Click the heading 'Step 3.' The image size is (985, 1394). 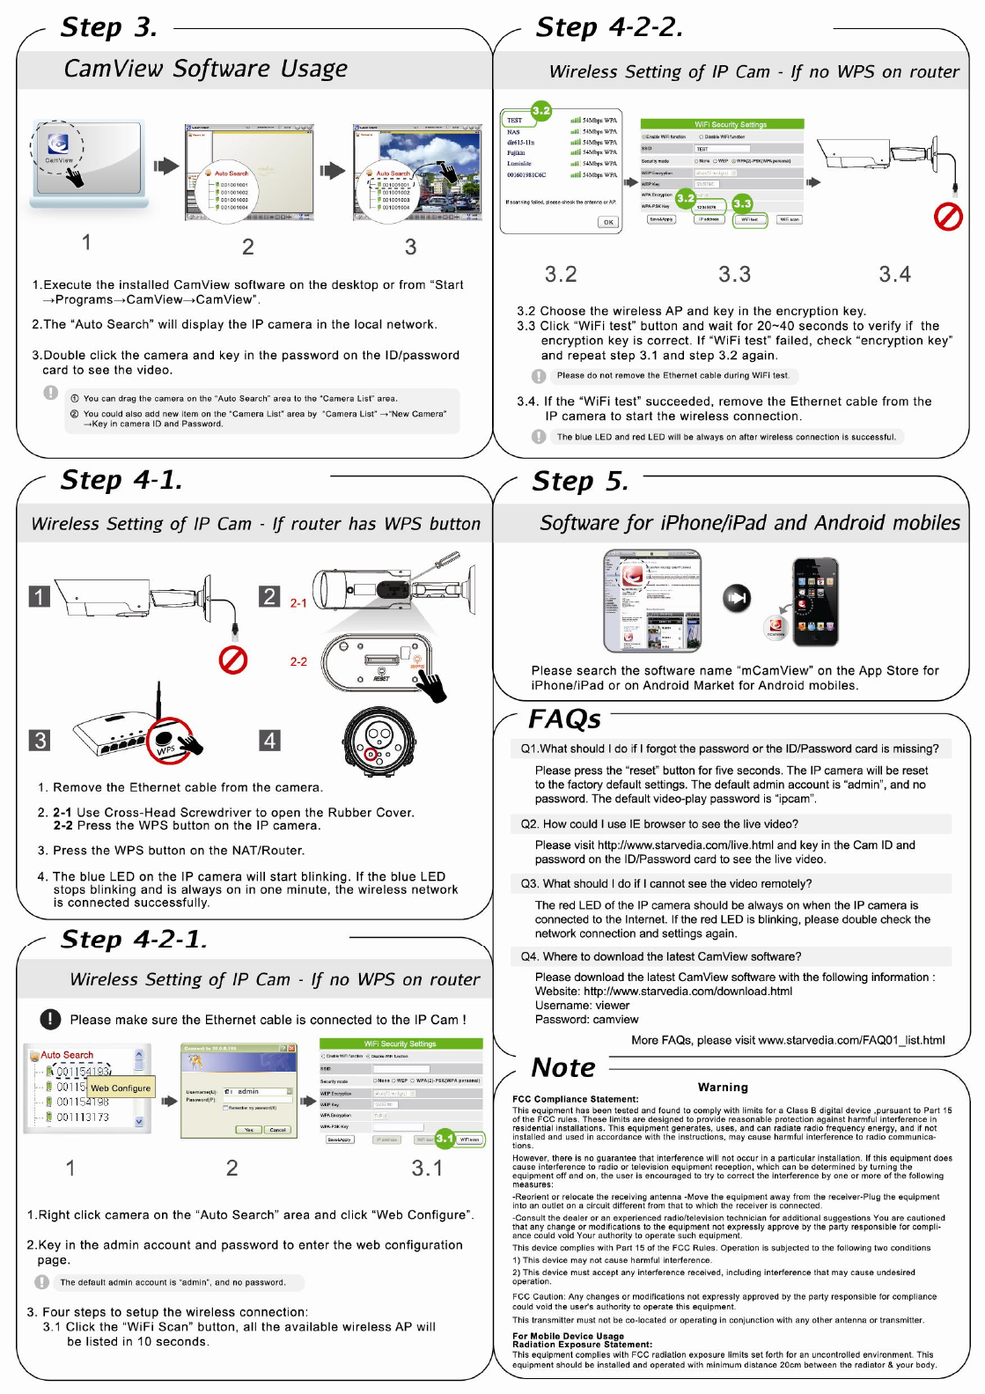[x=109, y=27]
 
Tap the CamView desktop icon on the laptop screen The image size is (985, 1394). [x=59, y=145]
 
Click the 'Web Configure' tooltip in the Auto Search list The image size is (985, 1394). [x=121, y=1088]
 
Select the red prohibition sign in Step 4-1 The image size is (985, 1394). [x=232, y=660]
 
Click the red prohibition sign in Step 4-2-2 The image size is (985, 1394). [x=948, y=217]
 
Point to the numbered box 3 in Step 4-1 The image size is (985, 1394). [x=40, y=740]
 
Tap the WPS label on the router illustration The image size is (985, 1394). [x=165, y=749]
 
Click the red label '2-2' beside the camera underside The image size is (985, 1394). [x=298, y=661]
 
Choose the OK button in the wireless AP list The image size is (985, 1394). [x=608, y=222]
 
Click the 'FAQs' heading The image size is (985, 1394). [x=564, y=719]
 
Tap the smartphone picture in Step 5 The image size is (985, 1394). [x=815, y=602]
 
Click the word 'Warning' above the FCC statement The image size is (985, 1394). [x=723, y=1088]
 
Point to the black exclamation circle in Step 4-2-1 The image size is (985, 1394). [x=50, y=1019]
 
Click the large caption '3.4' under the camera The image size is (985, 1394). [x=894, y=275]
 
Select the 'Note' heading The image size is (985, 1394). [x=563, y=1067]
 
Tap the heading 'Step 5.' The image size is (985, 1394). [x=580, y=481]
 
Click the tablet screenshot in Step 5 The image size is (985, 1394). [x=652, y=601]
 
